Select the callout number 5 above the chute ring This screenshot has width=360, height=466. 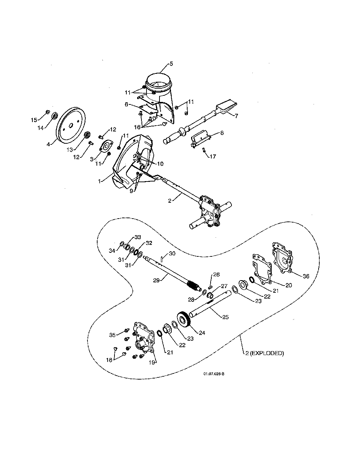(x=171, y=64)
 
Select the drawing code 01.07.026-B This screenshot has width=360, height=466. (x=214, y=373)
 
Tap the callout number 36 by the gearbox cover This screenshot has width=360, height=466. (x=306, y=276)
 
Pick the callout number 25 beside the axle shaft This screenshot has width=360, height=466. (x=225, y=317)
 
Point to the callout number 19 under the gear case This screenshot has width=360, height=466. (x=152, y=362)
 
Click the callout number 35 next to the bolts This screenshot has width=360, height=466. (x=112, y=335)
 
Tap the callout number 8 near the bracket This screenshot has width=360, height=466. (x=222, y=133)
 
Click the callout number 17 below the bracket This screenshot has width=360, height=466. (x=213, y=156)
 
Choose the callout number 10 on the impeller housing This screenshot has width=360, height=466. (x=160, y=164)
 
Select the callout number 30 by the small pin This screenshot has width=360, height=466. (x=172, y=254)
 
